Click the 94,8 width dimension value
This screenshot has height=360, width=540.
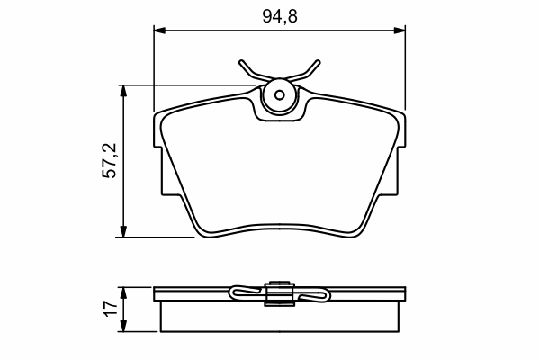[x=280, y=16]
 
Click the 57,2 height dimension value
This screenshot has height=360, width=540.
[x=110, y=160]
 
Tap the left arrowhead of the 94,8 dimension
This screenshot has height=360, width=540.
[x=159, y=31]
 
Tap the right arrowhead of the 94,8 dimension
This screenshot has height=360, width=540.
[x=400, y=31]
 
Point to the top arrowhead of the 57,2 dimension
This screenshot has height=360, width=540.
[x=123, y=91]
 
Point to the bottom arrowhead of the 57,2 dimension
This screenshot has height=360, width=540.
[x=123, y=231]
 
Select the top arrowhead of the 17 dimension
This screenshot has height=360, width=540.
[x=123, y=292]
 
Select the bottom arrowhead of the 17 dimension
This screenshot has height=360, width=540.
[x=123, y=326]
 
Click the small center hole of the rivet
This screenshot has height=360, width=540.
[x=280, y=95]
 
